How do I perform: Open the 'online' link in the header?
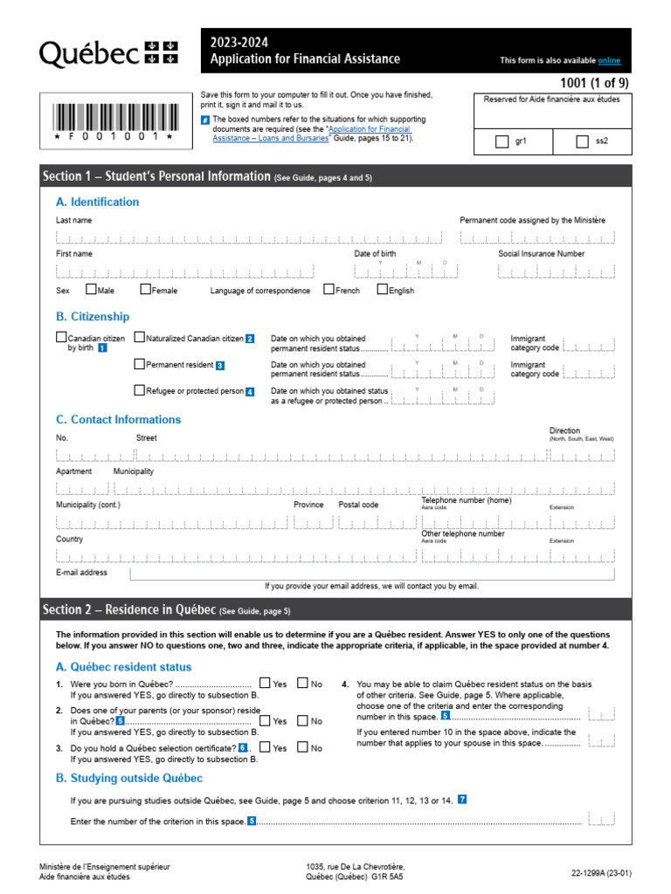pyautogui.click(x=609, y=60)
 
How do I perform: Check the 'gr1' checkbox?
pyautogui.click(x=502, y=141)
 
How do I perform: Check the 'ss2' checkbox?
pyautogui.click(x=583, y=141)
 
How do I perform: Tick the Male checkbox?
pyautogui.click(x=91, y=289)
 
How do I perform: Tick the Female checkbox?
pyautogui.click(x=145, y=289)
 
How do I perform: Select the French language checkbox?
pyautogui.click(x=329, y=289)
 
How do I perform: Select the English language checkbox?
pyautogui.click(x=382, y=289)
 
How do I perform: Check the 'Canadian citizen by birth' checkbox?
pyautogui.click(x=61, y=337)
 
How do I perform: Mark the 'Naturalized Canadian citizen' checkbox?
pyautogui.click(x=139, y=337)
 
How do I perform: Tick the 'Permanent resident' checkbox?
pyautogui.click(x=139, y=363)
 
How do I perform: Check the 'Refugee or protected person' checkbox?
pyautogui.click(x=139, y=390)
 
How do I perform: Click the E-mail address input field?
pyautogui.click(x=371, y=574)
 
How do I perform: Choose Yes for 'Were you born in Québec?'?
pyautogui.click(x=265, y=684)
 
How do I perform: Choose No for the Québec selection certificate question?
pyautogui.click(x=302, y=747)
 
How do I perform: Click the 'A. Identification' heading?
pyautogui.click(x=97, y=202)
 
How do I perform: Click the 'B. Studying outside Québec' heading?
pyautogui.click(x=129, y=778)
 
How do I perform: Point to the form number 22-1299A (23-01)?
pyautogui.click(x=601, y=872)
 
